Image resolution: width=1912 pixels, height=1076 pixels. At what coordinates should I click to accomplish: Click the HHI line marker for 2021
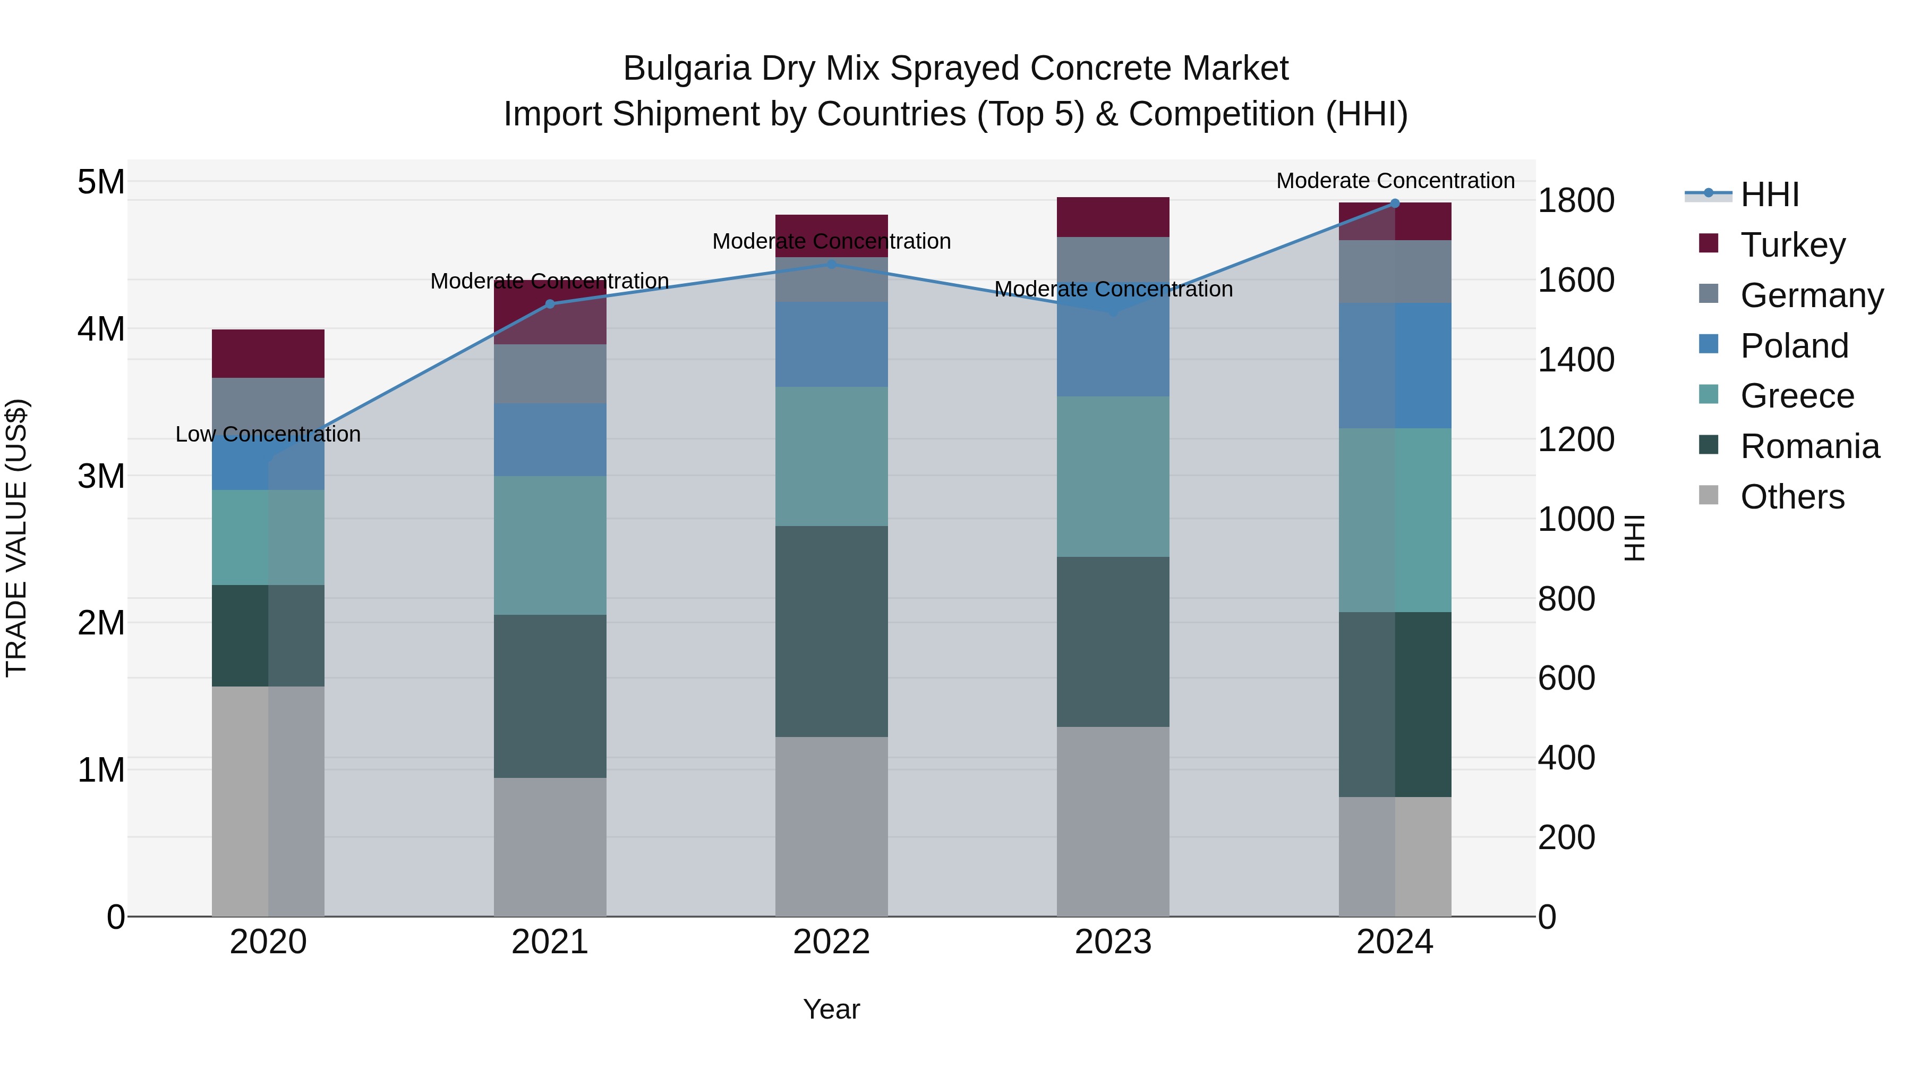point(550,304)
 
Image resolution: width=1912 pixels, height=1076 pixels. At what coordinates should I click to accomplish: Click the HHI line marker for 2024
point(1395,204)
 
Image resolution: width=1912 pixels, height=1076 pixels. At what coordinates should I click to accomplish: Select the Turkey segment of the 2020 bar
point(268,353)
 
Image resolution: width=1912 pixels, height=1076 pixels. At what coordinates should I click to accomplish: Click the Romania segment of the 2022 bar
point(831,631)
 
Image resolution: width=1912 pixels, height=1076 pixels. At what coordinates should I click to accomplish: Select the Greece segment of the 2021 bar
point(550,545)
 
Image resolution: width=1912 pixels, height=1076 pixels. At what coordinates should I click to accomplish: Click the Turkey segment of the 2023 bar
point(1113,217)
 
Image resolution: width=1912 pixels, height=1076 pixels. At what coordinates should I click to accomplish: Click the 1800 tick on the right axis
point(1575,200)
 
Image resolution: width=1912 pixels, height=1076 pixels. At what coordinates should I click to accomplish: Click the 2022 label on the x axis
point(831,942)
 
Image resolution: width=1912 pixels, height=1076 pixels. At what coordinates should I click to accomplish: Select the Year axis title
point(831,1009)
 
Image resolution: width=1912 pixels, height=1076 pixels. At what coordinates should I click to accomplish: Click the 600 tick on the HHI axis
point(1566,678)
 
